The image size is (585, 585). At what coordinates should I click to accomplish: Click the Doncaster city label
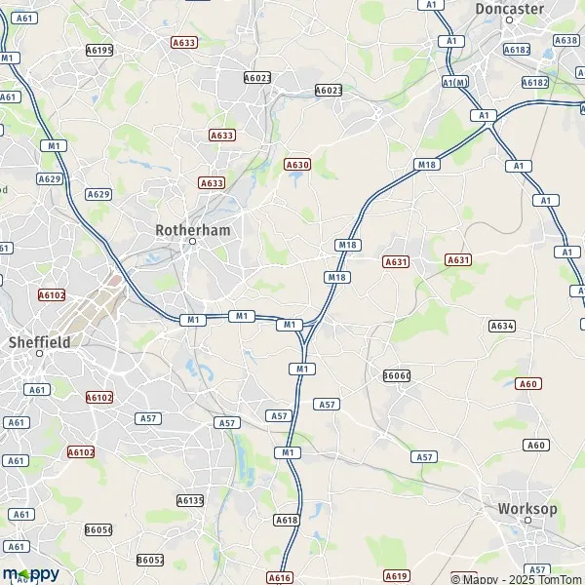(x=508, y=9)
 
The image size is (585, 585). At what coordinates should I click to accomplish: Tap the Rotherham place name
(x=191, y=229)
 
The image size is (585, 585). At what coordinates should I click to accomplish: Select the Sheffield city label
(x=39, y=342)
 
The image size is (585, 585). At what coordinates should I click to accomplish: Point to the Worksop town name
(x=526, y=509)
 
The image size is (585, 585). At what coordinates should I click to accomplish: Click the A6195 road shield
(x=99, y=50)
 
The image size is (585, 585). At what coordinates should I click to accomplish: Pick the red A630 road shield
(x=297, y=165)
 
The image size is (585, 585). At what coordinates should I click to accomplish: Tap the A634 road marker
(x=502, y=326)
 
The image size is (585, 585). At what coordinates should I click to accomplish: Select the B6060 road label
(x=397, y=375)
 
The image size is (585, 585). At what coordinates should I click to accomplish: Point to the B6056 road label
(x=98, y=529)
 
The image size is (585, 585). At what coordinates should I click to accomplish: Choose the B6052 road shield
(x=150, y=560)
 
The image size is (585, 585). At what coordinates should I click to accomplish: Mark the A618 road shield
(x=286, y=521)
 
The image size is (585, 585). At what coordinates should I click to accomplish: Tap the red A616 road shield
(x=279, y=578)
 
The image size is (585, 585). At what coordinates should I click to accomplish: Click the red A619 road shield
(x=396, y=575)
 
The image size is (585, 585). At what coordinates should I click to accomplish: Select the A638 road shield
(x=565, y=40)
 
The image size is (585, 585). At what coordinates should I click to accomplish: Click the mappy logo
(x=30, y=573)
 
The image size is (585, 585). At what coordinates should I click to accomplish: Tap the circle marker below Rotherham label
(x=192, y=241)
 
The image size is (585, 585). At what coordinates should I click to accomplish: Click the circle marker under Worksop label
(x=527, y=521)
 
